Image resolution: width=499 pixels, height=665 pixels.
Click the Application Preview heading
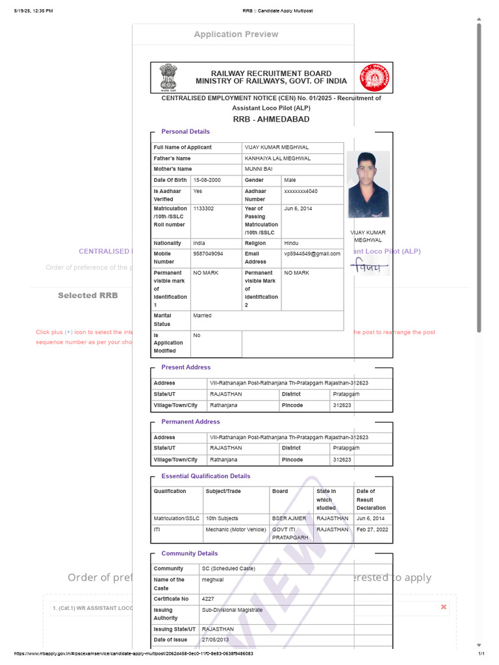(236, 34)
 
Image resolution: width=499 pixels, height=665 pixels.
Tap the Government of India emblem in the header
(168, 77)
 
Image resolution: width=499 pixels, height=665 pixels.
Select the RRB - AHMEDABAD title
(271, 119)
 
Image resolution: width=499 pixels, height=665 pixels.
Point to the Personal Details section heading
(185, 132)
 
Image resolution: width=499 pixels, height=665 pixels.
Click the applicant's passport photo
(368, 184)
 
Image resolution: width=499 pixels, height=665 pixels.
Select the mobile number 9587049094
(208, 254)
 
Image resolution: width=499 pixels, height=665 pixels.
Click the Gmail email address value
(312, 254)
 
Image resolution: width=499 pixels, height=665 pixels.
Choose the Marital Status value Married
(202, 316)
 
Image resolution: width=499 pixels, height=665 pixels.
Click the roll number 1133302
(203, 208)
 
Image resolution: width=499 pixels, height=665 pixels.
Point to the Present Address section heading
(186, 368)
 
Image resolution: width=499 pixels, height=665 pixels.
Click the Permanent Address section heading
(190, 422)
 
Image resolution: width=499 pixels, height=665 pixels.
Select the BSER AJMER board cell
(288, 519)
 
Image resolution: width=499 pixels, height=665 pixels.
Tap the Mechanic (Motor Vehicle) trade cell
(236, 530)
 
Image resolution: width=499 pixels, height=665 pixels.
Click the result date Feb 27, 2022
(372, 530)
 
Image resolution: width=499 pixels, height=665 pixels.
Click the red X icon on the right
(444, 607)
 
